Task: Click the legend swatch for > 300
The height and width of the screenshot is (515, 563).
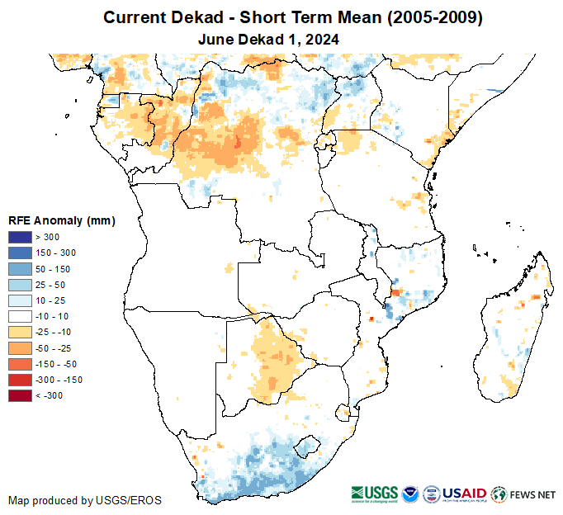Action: point(20,238)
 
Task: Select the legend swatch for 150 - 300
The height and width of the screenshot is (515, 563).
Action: point(20,253)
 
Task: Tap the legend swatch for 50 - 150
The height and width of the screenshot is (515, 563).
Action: point(20,269)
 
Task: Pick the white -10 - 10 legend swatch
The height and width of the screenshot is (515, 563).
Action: point(20,316)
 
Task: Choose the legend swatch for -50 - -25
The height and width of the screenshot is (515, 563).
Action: point(20,347)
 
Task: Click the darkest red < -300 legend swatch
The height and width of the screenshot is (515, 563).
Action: point(20,395)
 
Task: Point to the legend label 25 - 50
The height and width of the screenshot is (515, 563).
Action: point(49,285)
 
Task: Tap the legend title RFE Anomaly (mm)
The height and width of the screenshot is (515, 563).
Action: point(61,220)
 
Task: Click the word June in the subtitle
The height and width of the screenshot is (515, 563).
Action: point(216,39)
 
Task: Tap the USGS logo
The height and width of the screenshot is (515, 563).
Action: point(376,494)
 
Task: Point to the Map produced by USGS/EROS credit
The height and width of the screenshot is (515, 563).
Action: point(84,500)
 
